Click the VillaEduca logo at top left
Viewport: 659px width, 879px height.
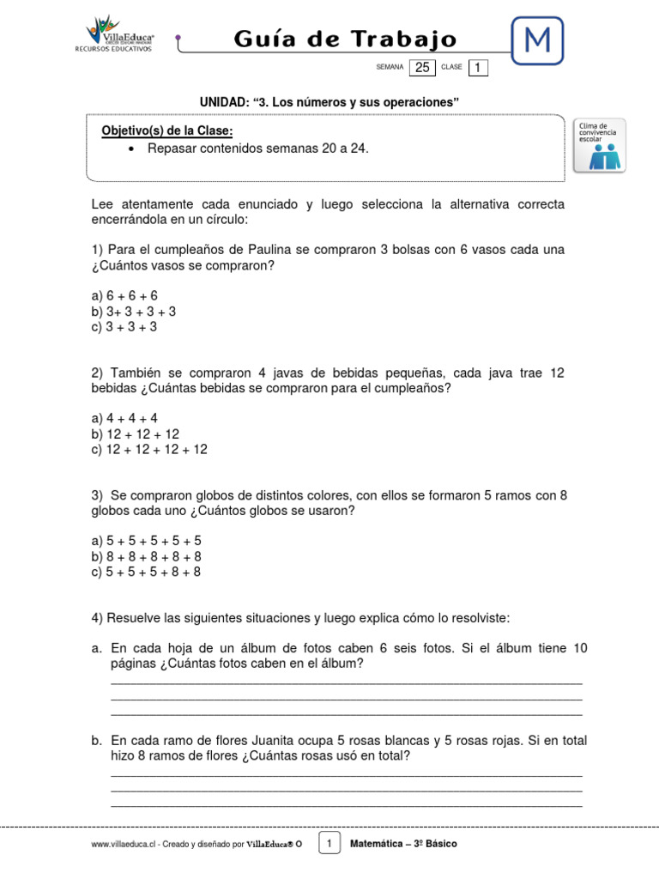click(119, 34)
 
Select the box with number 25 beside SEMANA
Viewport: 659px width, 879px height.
click(422, 68)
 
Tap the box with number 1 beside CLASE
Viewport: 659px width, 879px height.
click(479, 68)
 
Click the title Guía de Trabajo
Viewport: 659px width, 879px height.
click(345, 39)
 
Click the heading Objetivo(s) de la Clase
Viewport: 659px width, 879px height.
click(167, 130)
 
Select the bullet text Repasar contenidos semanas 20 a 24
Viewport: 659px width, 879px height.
click(257, 149)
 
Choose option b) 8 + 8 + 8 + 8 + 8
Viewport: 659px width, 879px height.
click(146, 556)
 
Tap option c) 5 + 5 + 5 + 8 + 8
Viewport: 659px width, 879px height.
click(146, 572)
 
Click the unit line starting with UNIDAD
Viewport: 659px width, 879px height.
click(329, 103)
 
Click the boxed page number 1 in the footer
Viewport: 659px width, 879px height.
click(329, 843)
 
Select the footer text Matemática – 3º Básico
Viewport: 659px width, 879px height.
click(403, 844)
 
